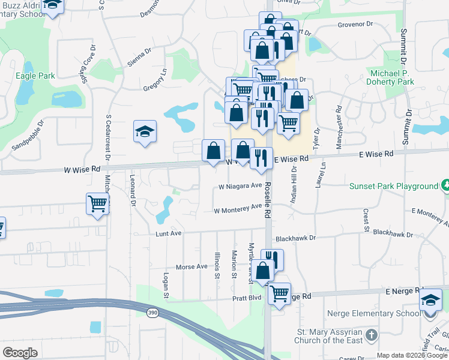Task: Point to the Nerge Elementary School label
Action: (x=375, y=313)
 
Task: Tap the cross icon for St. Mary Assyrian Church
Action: (x=372, y=334)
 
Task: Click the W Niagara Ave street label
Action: (x=240, y=186)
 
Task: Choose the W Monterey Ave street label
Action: (x=238, y=209)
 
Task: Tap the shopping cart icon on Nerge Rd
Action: (x=279, y=293)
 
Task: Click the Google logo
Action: (x=20, y=353)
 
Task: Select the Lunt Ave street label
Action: (x=168, y=233)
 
